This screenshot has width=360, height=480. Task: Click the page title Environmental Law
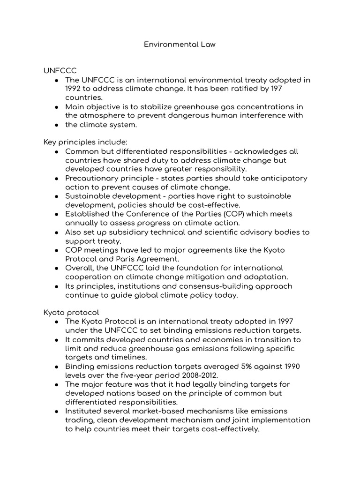pos(180,45)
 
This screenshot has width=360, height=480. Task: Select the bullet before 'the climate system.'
pos(56,125)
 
